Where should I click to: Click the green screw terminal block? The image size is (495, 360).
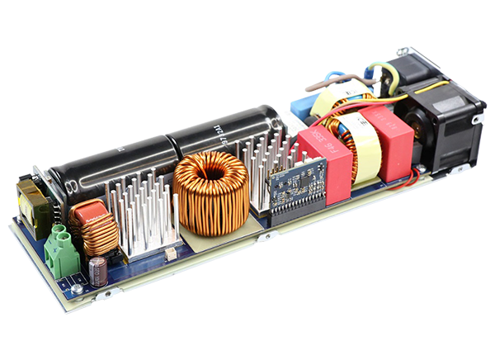63,250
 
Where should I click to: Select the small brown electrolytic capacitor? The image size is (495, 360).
98,272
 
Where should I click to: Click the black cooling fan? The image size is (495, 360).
437,116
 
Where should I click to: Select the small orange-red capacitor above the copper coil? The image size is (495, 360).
85,216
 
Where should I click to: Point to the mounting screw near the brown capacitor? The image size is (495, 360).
77,289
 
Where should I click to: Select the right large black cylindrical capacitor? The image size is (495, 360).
223,132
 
